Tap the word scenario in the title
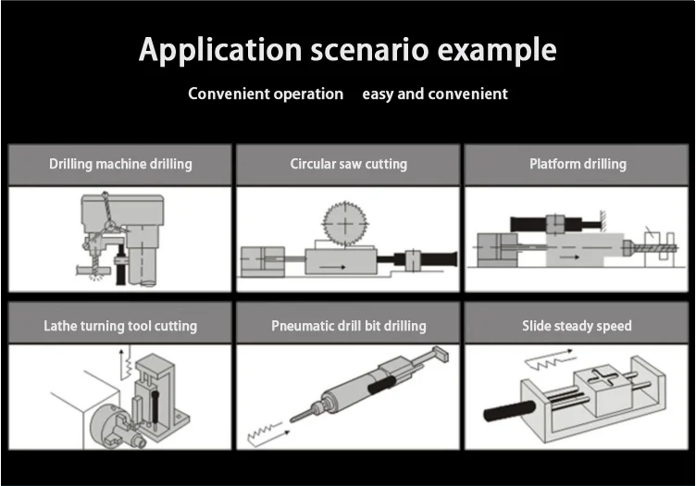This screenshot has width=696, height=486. click(x=356, y=49)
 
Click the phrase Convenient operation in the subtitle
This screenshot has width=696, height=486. click(x=266, y=93)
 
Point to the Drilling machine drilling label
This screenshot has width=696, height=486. click(x=120, y=165)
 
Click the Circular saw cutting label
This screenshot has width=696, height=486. click(x=348, y=165)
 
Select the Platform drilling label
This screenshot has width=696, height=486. click(x=578, y=165)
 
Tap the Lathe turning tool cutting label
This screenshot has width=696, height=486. click(x=120, y=326)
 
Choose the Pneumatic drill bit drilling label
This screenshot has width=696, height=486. click(x=348, y=326)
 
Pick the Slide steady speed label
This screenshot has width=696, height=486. click(x=578, y=326)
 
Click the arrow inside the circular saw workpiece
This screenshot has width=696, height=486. click(x=334, y=267)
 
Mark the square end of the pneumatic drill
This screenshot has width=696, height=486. click(x=441, y=354)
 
